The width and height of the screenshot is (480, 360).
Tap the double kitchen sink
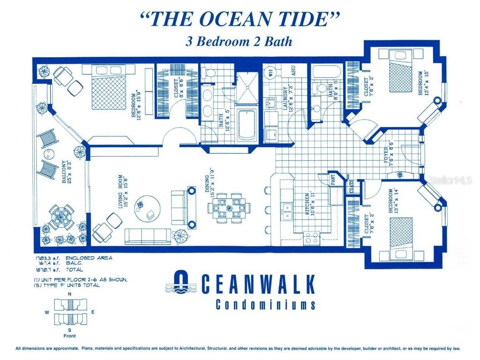pos(286,211)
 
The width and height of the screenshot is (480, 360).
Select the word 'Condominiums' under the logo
pos(265,305)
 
